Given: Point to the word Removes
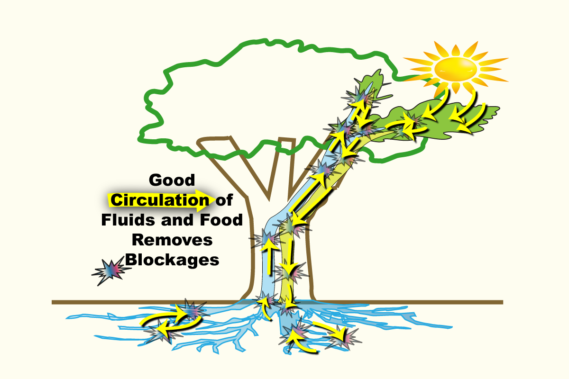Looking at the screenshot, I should click(x=172, y=240).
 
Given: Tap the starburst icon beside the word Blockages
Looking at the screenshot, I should click(x=111, y=271).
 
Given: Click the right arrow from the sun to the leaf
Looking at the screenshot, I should click(x=469, y=114).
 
